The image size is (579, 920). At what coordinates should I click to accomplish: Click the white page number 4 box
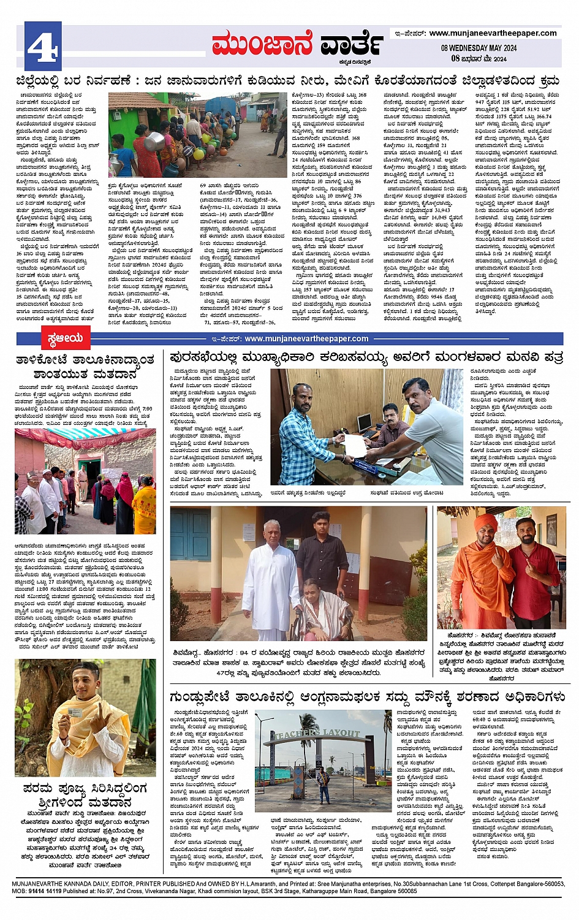tap(43, 45)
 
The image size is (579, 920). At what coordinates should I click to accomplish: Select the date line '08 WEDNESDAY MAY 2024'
tap(479, 48)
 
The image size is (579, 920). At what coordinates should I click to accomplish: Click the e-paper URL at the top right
tap(493, 33)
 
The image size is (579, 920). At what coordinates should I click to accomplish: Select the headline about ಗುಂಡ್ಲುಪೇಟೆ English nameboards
tap(368, 697)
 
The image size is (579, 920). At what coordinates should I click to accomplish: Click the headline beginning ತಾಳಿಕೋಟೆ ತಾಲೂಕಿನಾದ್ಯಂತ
tap(85, 366)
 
